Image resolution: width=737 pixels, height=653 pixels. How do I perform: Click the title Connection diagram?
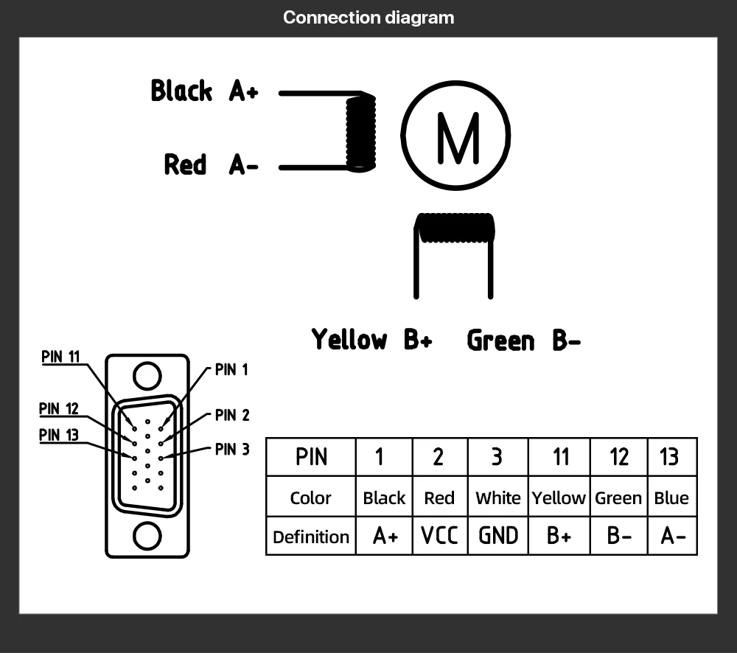coord(368,17)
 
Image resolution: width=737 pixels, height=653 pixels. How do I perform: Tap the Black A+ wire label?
coord(204,91)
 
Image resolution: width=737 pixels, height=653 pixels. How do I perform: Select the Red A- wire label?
coord(211,164)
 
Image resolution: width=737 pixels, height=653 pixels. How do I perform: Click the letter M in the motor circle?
coord(457,137)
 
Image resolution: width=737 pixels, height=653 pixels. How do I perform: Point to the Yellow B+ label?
coord(371,340)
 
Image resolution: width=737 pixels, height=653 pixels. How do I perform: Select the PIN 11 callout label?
coord(60,357)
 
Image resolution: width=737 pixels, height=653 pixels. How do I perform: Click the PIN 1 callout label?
coord(231,370)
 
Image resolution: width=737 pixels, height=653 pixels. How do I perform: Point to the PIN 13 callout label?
coord(59,435)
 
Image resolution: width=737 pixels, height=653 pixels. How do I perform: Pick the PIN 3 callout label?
coord(232,449)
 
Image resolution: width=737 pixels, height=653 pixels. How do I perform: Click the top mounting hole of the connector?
coord(147,375)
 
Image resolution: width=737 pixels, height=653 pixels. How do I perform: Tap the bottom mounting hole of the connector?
coord(147,536)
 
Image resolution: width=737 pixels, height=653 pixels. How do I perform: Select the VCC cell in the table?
coord(439,536)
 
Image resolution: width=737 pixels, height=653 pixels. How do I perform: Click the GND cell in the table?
coord(498,536)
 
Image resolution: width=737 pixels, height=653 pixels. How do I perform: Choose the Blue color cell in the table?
coord(671,498)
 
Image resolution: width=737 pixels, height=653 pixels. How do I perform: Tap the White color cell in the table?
coord(498,498)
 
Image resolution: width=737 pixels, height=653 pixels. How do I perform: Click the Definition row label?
coord(311,537)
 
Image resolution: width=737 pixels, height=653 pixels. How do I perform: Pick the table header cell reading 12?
coord(618,457)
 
